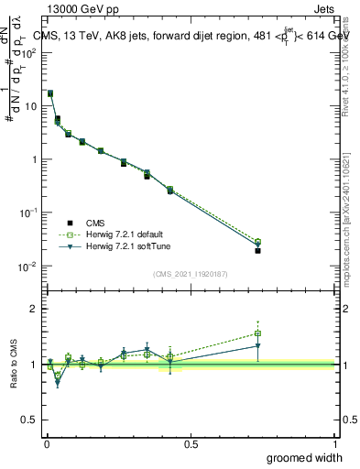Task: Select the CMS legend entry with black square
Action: coord(93,223)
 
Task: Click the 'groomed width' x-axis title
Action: coord(305,457)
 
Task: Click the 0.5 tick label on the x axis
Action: coord(191,443)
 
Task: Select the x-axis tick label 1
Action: coord(335,443)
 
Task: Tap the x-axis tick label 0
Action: coord(46,443)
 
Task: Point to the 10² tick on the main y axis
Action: coord(29,52)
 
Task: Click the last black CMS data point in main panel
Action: coord(258,250)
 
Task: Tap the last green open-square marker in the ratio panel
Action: coord(258,333)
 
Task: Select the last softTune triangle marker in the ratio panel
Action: coord(258,346)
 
